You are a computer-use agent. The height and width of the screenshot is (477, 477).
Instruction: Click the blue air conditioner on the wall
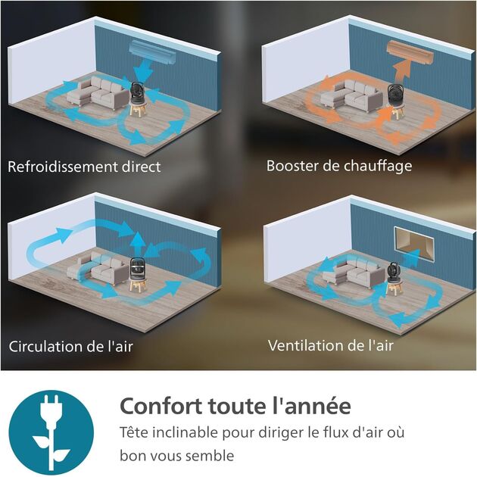(152, 52)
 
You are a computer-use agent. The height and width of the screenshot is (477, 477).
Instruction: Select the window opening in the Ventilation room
(414, 243)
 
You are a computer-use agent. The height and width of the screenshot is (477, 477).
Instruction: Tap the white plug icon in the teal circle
(51, 432)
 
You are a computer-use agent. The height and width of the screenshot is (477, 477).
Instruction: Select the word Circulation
(47, 347)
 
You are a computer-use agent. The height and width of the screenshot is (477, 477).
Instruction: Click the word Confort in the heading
(161, 406)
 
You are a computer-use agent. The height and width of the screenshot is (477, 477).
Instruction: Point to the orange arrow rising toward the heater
(402, 72)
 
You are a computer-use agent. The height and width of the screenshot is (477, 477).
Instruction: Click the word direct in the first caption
(142, 167)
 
